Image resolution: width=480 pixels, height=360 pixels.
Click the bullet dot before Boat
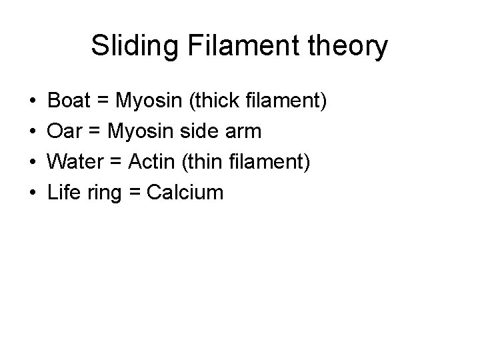tap(33, 102)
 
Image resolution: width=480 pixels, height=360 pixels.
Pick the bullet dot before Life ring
tap(33, 193)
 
